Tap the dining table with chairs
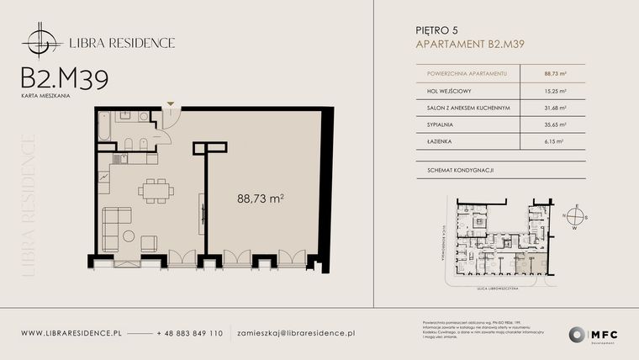(x=153, y=191)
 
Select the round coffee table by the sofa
(x=127, y=235)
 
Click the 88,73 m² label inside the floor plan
(x=260, y=199)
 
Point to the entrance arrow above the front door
(x=172, y=104)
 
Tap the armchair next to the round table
(x=149, y=243)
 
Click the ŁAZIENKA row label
(x=431, y=141)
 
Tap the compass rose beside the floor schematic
(x=576, y=214)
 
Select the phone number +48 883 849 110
(x=190, y=333)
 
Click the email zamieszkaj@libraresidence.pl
(x=295, y=333)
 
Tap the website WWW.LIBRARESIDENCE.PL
(x=71, y=333)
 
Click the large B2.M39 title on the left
(x=64, y=78)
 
